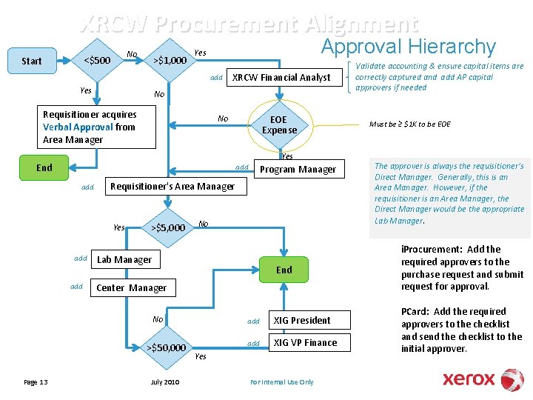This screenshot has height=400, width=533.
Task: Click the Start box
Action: click(32, 61)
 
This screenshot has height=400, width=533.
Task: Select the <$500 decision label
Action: click(97, 60)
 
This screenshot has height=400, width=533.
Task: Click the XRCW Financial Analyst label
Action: click(281, 77)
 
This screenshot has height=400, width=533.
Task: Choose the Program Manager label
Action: click(298, 170)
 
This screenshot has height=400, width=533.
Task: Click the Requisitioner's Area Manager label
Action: click(172, 186)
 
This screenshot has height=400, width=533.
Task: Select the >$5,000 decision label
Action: click(168, 227)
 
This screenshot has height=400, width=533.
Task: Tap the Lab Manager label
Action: click(124, 259)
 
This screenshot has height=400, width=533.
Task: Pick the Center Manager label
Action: click(132, 287)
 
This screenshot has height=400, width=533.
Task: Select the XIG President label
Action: click(302, 320)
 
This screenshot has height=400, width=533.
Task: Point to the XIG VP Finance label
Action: click(305, 342)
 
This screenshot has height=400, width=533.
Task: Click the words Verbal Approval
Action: click(78, 127)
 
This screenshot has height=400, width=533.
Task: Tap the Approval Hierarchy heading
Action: click(408, 47)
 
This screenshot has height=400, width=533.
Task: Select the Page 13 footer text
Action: click(36, 382)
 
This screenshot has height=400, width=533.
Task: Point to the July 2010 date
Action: click(165, 382)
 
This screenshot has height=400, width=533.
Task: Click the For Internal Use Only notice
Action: click(282, 382)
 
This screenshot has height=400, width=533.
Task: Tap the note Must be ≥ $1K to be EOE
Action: click(410, 124)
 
